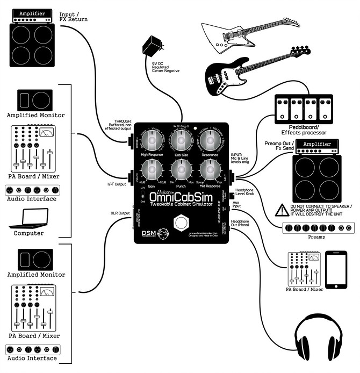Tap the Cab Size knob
(x=181, y=142)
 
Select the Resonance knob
(x=209, y=142)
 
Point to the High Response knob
(x=152, y=142)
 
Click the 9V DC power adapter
(x=152, y=47)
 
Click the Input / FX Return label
(x=74, y=17)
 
